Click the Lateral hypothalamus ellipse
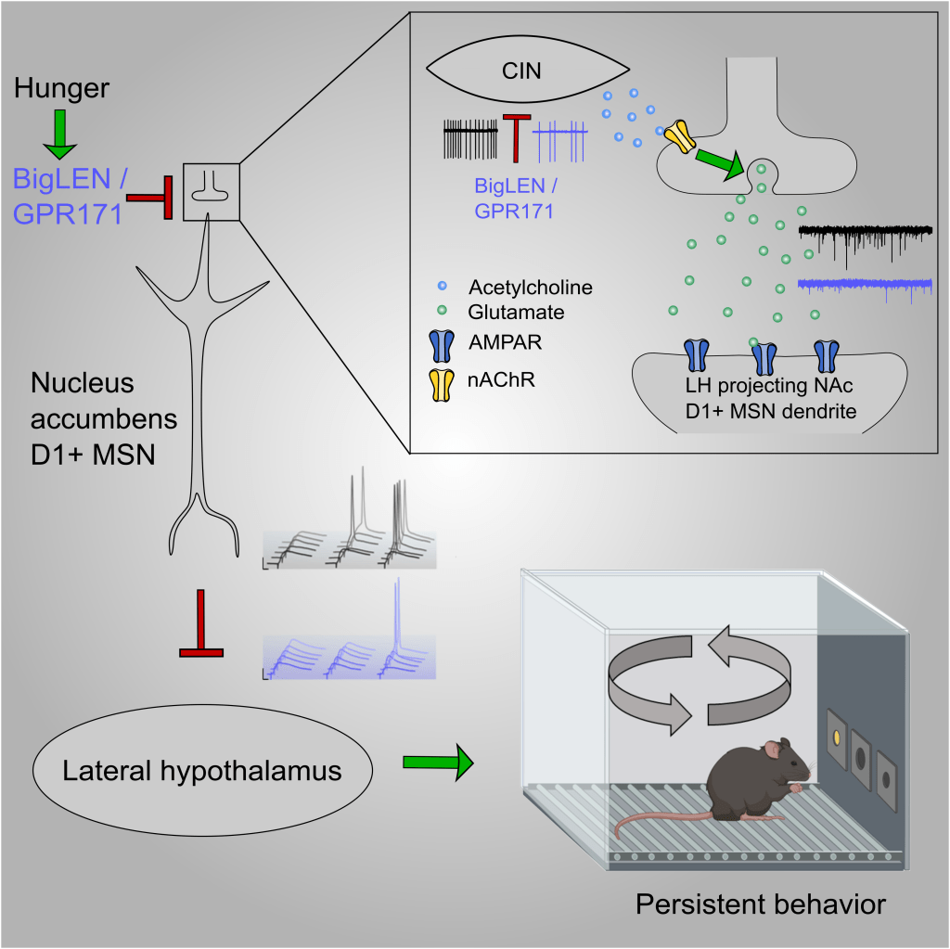point(202,770)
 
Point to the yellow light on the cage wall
point(836,737)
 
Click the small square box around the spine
point(212,192)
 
